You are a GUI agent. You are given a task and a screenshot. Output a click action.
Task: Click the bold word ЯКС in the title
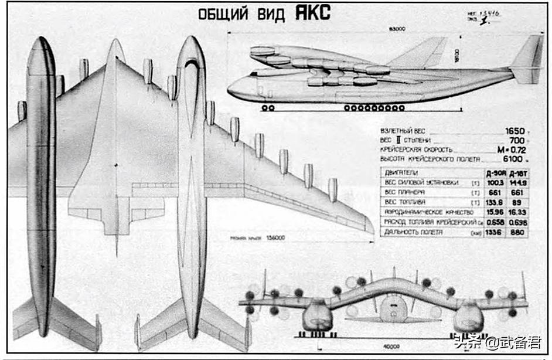point(311,13)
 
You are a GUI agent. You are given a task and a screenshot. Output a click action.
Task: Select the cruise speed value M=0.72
point(512,150)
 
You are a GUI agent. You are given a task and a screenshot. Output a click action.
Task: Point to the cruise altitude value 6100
point(513,159)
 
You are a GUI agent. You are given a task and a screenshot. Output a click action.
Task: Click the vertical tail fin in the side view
point(530,56)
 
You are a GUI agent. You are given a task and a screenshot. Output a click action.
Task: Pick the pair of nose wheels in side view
point(268,108)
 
